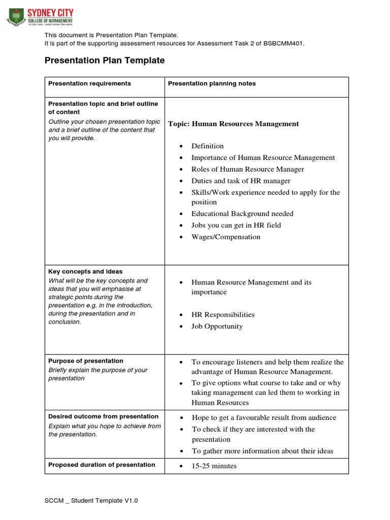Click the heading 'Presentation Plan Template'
105,60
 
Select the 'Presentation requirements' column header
89,83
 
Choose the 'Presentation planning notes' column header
212,83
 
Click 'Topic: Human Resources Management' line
233,123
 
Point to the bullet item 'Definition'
207,146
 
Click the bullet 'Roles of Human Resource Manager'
247,169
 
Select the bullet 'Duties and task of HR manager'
241,181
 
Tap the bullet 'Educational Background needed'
242,214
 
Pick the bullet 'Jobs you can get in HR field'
236,225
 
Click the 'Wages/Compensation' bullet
225,237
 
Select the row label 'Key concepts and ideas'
85,272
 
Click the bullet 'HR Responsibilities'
223,315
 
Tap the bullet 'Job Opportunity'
217,327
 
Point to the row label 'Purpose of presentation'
86,361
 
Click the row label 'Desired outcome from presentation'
103,416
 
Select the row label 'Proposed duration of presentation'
102,465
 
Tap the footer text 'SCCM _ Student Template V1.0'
91,501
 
